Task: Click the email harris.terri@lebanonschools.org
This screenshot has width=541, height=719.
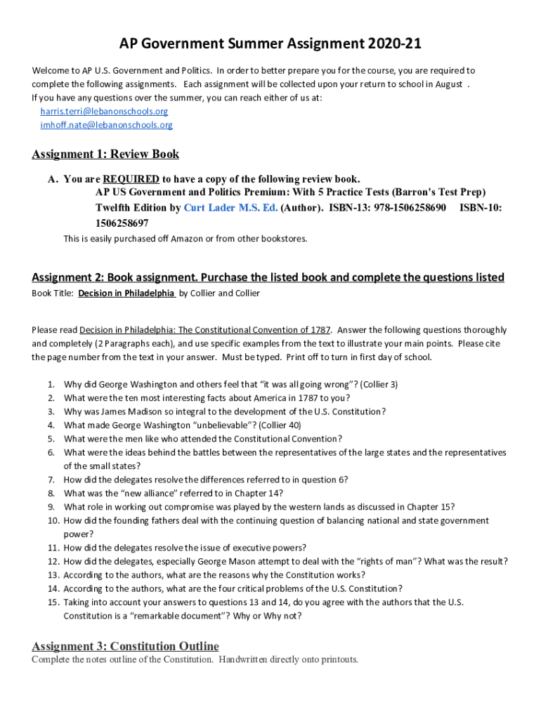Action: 104,112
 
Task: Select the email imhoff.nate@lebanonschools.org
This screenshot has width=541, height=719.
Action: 106,125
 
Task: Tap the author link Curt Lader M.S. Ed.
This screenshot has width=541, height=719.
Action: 230,208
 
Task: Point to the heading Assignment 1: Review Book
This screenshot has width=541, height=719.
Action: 105,154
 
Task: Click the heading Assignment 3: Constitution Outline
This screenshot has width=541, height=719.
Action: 125,646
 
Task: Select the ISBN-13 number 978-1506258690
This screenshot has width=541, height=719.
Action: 410,208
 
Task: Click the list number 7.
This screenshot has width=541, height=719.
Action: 51,480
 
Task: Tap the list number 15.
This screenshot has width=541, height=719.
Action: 53,602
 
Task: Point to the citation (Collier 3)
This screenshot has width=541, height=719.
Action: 379,385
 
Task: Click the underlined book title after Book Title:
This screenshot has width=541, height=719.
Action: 126,293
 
